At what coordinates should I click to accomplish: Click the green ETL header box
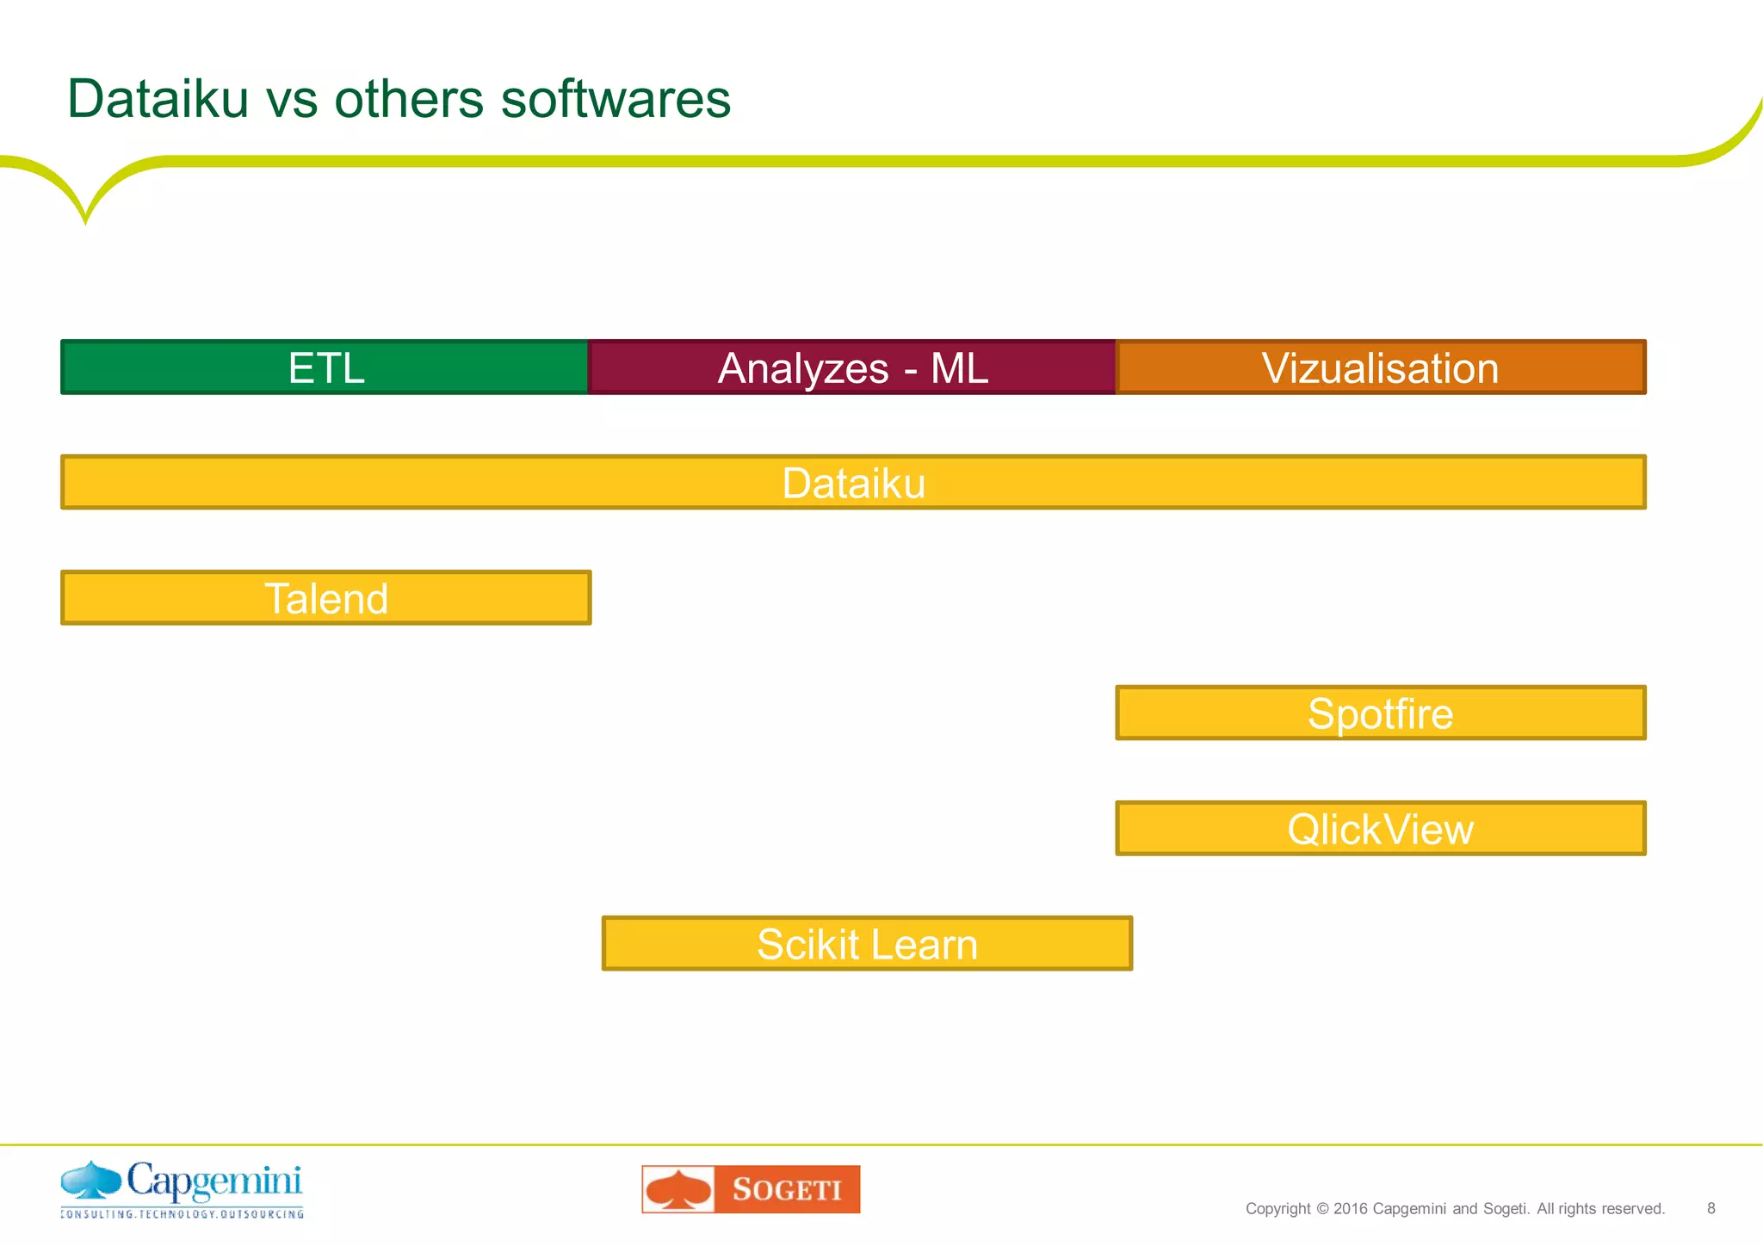point(325,367)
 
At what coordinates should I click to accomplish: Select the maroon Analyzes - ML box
point(852,367)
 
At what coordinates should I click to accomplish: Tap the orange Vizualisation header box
point(1381,367)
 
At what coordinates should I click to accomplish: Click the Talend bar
point(325,598)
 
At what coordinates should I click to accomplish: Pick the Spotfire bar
point(1381,713)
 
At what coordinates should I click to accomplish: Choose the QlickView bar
point(1381,829)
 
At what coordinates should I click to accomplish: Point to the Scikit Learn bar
point(867,944)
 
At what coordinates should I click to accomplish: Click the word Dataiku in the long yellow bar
point(853,483)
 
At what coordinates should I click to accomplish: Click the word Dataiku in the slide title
point(158,98)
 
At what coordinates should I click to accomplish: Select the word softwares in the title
point(616,98)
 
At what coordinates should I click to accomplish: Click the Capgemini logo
point(182,1189)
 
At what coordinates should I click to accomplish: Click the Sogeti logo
point(751,1189)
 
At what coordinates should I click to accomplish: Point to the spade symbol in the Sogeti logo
point(679,1189)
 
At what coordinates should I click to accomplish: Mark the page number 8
point(1711,1208)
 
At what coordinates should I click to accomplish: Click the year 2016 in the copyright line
point(1351,1208)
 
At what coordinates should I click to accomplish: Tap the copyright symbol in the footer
point(1322,1208)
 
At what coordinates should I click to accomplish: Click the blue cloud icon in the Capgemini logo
point(91,1180)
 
